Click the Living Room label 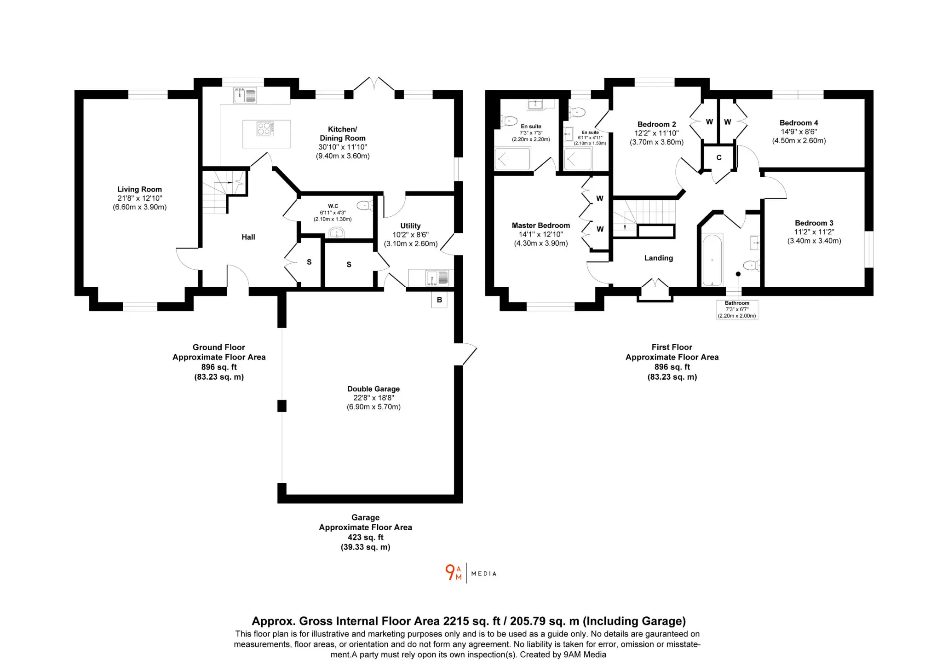(x=139, y=189)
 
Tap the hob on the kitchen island (x=265, y=128)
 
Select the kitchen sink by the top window (x=245, y=96)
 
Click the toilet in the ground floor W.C (x=365, y=205)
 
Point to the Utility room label (x=410, y=226)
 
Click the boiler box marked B (x=439, y=300)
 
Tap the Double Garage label (x=373, y=389)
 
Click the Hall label (x=248, y=237)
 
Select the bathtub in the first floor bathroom (x=712, y=260)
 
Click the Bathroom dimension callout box (x=737, y=310)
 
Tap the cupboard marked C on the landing (x=718, y=157)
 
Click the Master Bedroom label (x=541, y=226)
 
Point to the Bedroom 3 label (x=814, y=223)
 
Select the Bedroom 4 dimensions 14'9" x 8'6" (x=799, y=132)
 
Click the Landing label (x=659, y=258)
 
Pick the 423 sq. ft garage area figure (x=366, y=537)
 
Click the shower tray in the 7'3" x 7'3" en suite (x=512, y=159)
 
